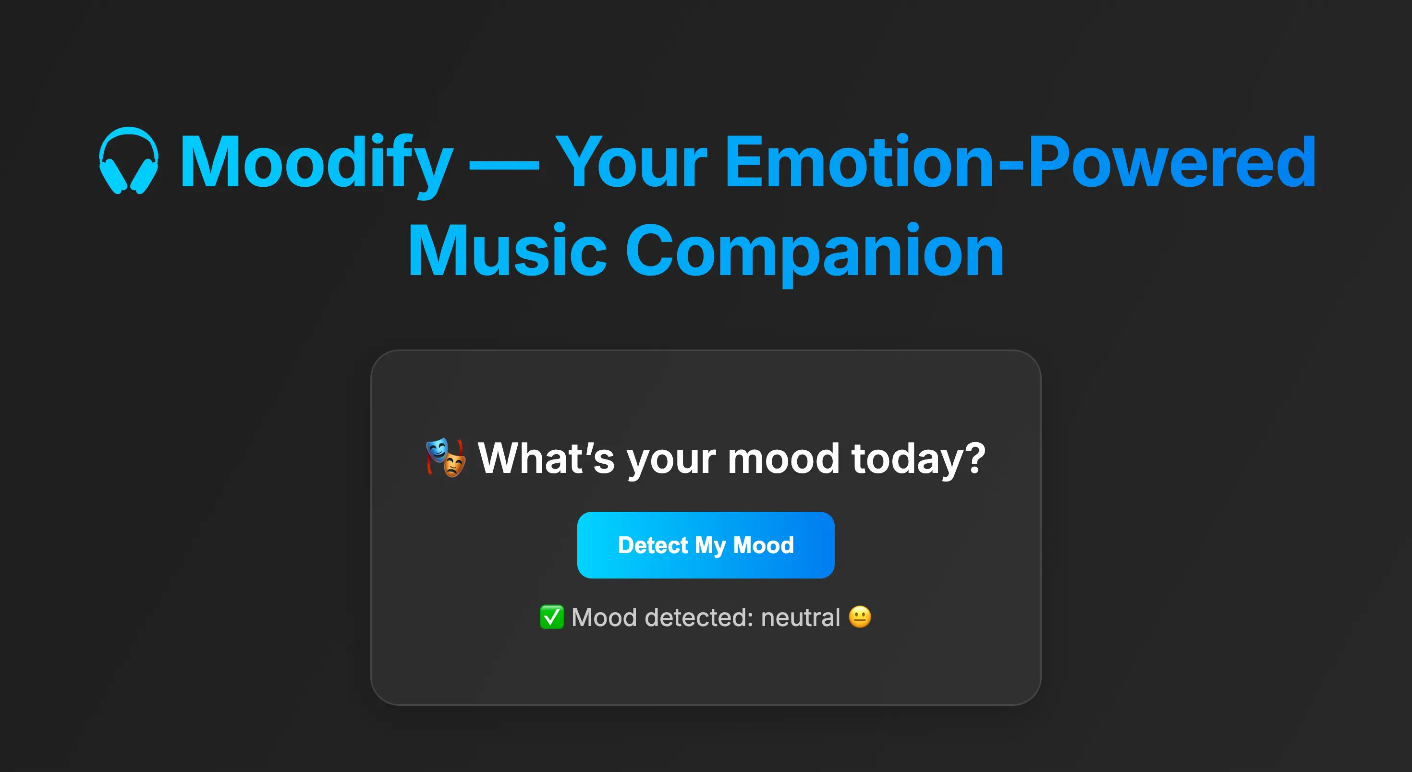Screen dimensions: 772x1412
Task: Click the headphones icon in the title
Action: [x=129, y=160]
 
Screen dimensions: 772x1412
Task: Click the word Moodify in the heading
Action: [x=316, y=163]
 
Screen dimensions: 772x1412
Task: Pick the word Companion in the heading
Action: [x=815, y=252]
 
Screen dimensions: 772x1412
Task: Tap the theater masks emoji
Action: [x=446, y=458]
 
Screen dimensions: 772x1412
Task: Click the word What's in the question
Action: [x=546, y=458]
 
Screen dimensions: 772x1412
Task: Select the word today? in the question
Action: [x=918, y=458]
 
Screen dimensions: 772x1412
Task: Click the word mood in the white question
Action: [x=783, y=458]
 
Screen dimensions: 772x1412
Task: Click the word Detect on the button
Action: [x=652, y=545]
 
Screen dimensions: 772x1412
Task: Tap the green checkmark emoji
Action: [x=551, y=617]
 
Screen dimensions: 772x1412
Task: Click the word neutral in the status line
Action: [x=800, y=617]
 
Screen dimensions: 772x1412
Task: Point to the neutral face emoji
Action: [x=860, y=617]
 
